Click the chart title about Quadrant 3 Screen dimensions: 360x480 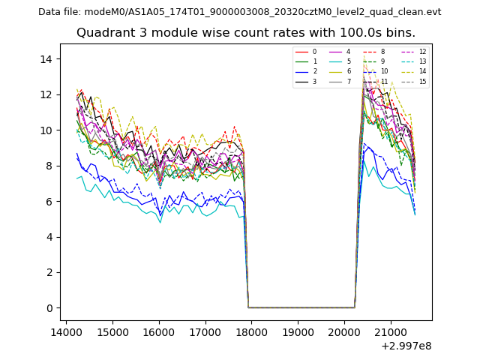pyautogui.click(x=246, y=33)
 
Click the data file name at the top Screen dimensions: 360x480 pyautogui.click(x=240, y=12)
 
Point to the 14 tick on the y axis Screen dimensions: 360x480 pyautogui.click(x=50, y=59)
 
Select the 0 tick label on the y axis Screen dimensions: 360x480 pyautogui.click(x=50, y=308)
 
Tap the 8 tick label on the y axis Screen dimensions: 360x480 pyautogui.click(x=50, y=166)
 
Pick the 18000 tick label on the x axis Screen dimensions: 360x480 pyautogui.click(x=251, y=331)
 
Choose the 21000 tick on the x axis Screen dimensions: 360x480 pyautogui.click(x=390, y=331)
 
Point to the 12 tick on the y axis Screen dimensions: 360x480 pyautogui.click(x=50, y=94)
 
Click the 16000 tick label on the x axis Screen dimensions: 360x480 pyautogui.click(x=158, y=331)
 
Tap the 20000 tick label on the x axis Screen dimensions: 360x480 pyautogui.click(x=344, y=331)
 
